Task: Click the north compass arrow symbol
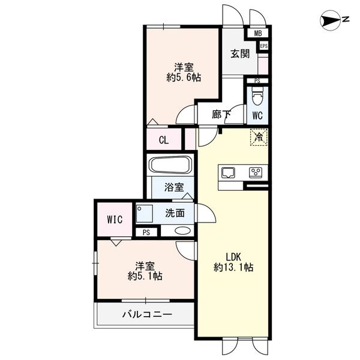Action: (x=331, y=20)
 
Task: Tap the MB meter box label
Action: (x=258, y=34)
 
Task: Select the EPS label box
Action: (x=264, y=46)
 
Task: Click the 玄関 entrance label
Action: (x=240, y=54)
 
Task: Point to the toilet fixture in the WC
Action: (x=257, y=96)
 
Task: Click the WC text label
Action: (x=257, y=115)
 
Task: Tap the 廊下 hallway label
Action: (x=221, y=114)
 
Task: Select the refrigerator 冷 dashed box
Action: (x=259, y=137)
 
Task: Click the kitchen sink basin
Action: (x=228, y=173)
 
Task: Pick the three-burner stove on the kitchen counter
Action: (x=256, y=173)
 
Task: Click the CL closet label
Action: (x=164, y=140)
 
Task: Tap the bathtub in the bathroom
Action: (x=171, y=165)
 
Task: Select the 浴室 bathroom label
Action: (x=174, y=187)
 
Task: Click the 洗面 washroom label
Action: (x=175, y=213)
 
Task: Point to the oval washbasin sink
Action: (x=182, y=230)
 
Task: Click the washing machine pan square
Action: (x=145, y=214)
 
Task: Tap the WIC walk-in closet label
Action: (x=115, y=220)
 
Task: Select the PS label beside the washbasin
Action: (x=146, y=233)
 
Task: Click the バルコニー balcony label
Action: (x=147, y=314)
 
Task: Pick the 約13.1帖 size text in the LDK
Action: (x=233, y=267)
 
